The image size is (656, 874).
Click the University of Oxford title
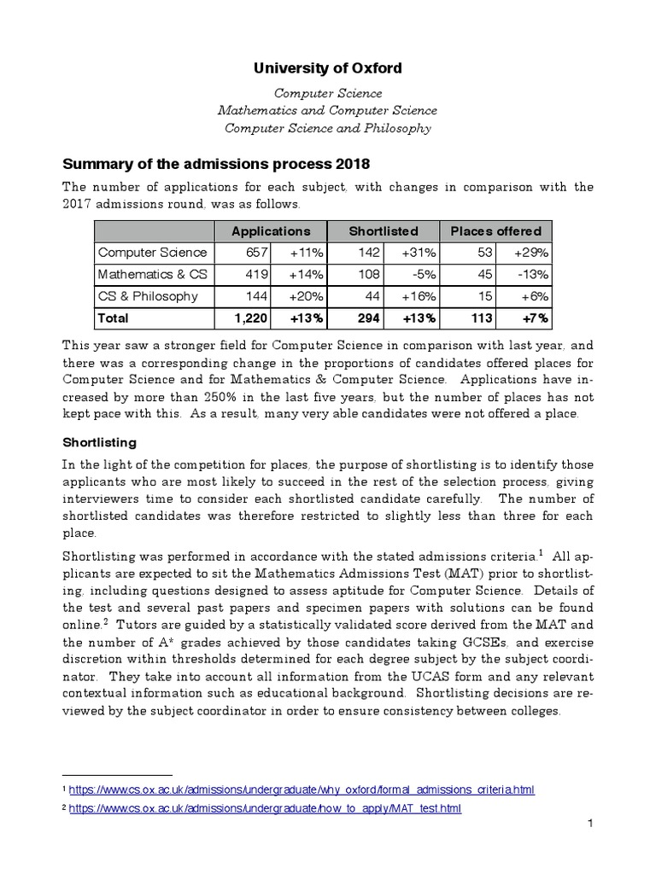click(327, 67)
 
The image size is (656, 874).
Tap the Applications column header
click(270, 230)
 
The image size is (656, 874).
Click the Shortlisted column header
click(383, 230)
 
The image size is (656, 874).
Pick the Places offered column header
click(495, 230)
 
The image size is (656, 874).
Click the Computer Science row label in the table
click(152, 253)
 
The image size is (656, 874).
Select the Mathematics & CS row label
click(153, 275)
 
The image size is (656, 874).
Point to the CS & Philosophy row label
click(148, 296)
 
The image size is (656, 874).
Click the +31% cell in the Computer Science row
click(419, 253)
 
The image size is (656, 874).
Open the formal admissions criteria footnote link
click(301, 790)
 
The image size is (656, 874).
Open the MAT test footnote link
click(265, 807)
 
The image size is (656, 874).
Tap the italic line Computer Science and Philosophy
click(327, 129)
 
